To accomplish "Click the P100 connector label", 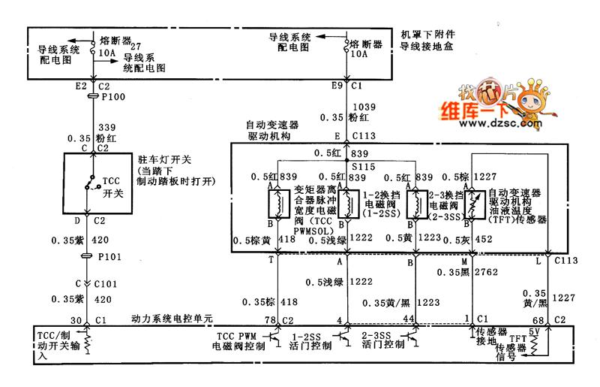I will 112,98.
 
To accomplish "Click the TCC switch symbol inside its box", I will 91,183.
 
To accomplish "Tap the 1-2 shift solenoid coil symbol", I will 347,204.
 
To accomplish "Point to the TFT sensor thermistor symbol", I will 473,202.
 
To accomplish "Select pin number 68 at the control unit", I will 538,321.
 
